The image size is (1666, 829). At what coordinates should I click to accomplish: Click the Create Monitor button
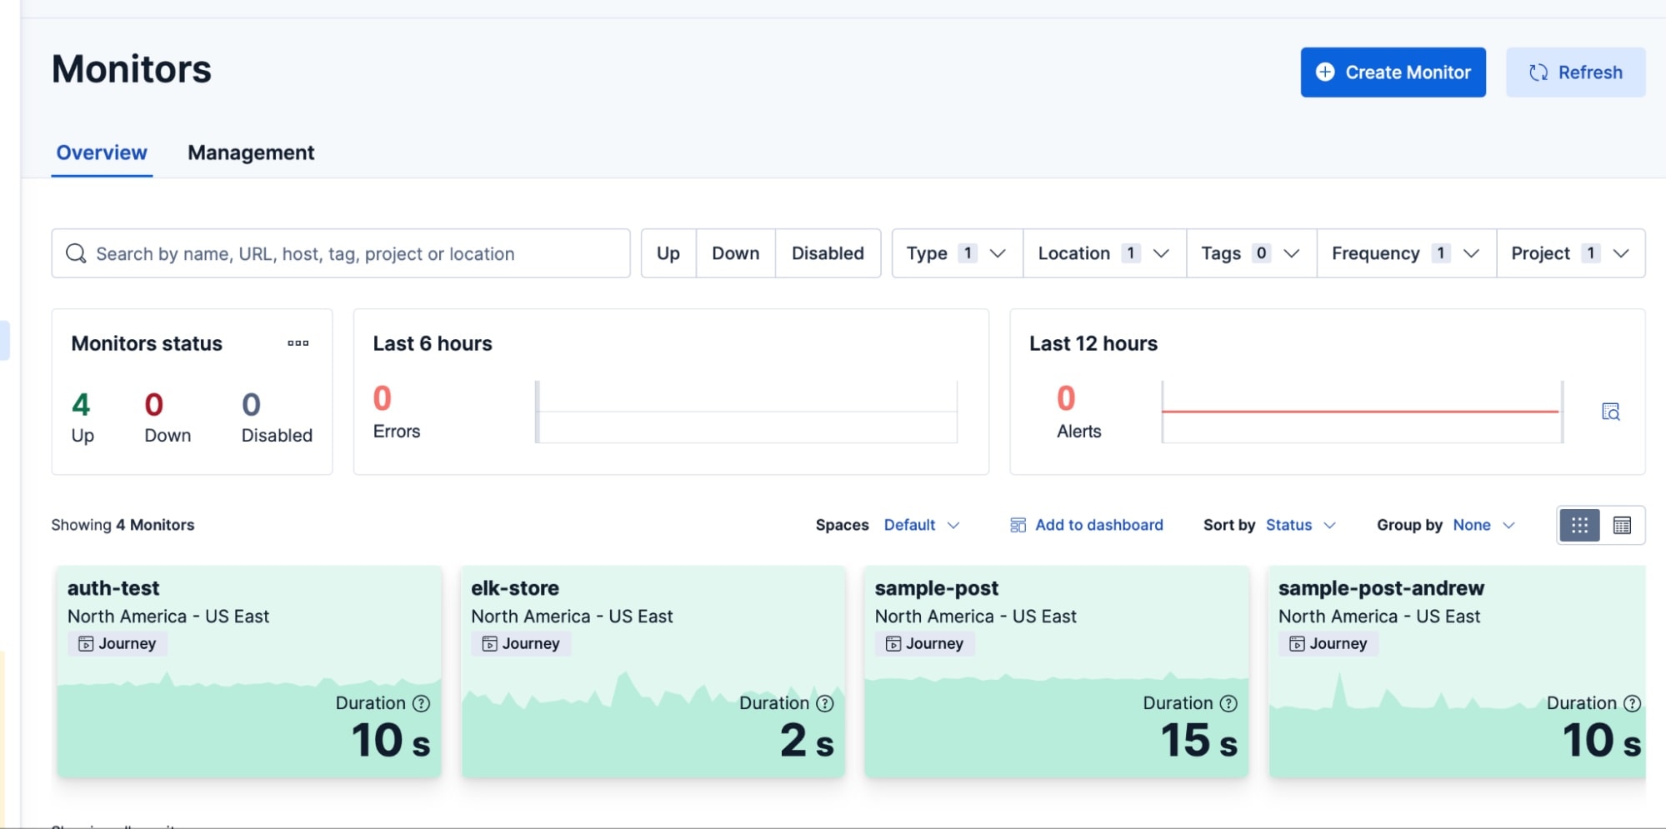1393,72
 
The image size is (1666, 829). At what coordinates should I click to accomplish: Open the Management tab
251,152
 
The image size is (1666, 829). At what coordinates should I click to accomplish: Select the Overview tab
102,152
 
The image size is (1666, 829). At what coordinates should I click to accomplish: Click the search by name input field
350,253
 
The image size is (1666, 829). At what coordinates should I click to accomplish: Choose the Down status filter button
735,253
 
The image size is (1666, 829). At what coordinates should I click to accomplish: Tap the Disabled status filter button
828,253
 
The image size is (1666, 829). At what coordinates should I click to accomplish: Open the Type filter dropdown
957,253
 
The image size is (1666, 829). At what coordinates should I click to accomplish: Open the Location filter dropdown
1103,253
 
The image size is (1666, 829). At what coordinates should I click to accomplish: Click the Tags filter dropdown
1250,253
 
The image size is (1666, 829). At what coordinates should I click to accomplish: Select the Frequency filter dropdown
1405,253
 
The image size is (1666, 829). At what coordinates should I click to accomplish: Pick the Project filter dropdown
1570,253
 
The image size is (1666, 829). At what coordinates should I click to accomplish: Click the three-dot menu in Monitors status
298,343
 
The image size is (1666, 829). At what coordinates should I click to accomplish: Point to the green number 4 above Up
81,405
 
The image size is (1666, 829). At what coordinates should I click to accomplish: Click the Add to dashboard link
1087,525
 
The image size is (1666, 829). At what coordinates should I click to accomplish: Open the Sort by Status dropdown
1300,525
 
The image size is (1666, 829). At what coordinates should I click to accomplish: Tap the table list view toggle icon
1622,525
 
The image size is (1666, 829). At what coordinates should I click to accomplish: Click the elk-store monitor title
515,588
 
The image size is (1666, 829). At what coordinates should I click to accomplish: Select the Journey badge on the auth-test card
118,643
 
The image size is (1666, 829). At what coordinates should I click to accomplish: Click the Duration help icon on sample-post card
1228,703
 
